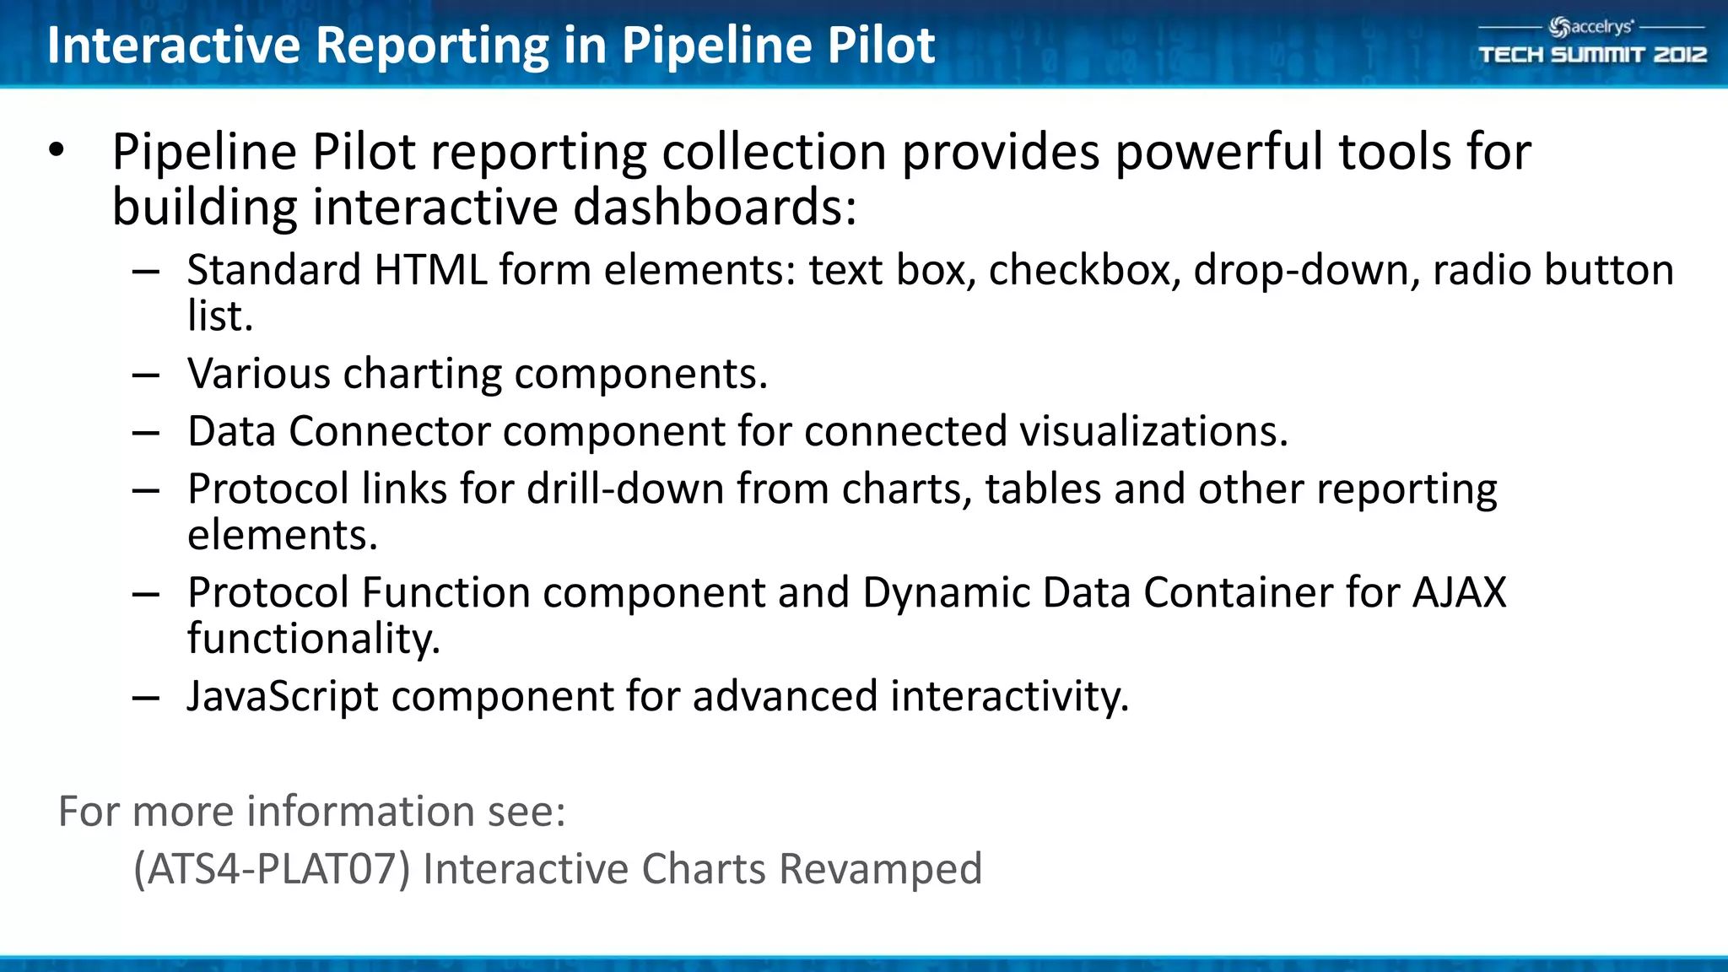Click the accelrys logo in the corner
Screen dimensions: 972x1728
coord(1591,27)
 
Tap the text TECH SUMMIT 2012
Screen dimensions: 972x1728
coord(1592,55)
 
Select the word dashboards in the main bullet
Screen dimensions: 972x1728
coord(714,208)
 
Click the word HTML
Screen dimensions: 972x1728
coord(430,271)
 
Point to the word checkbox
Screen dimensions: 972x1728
coord(1084,271)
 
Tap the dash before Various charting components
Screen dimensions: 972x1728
coord(146,375)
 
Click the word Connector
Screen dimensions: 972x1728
coord(389,432)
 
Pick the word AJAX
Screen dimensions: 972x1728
coord(1459,592)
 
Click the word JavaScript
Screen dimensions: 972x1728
coord(283,697)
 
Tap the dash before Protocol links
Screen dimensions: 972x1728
coord(146,490)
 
